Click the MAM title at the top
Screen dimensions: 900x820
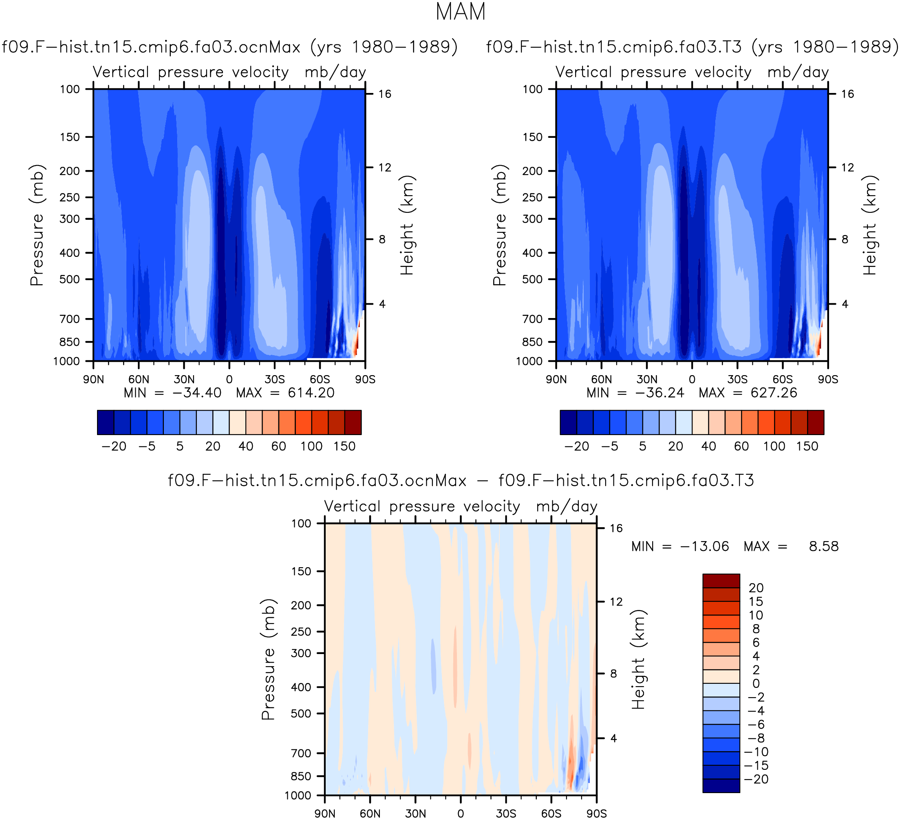coord(460,12)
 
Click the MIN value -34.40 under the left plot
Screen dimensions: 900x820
coord(196,393)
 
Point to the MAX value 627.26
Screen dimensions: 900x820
coord(774,393)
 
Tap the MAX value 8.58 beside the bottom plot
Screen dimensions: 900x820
coord(824,546)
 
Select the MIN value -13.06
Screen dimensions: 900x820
coord(704,546)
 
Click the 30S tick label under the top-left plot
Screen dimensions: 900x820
coord(275,380)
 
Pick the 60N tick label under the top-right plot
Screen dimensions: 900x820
coord(601,380)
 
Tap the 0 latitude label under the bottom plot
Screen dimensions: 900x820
coord(461,814)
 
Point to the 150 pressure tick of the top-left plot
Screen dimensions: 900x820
coord(70,137)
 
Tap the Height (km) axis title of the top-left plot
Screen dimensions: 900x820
coord(407,225)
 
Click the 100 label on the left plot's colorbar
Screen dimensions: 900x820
coord(311,446)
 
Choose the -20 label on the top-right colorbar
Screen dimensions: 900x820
coord(576,446)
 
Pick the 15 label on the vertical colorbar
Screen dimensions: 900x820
coord(756,601)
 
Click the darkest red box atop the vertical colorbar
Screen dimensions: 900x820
coord(721,581)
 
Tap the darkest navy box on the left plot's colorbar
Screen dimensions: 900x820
coord(105,422)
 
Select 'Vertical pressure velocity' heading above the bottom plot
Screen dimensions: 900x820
coord(422,506)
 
